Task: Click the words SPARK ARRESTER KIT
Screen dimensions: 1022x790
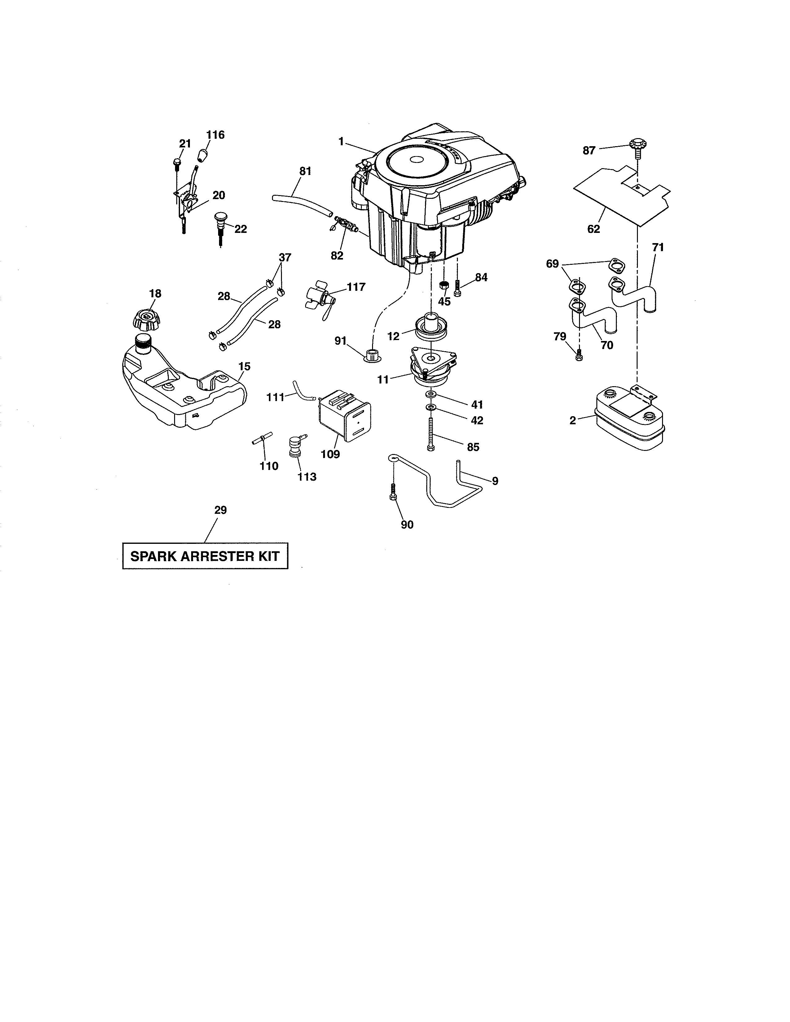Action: click(x=205, y=557)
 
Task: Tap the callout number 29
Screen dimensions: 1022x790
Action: click(x=221, y=510)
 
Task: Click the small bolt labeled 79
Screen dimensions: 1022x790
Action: click(x=579, y=355)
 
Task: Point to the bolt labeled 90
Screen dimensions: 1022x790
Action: click(x=393, y=494)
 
